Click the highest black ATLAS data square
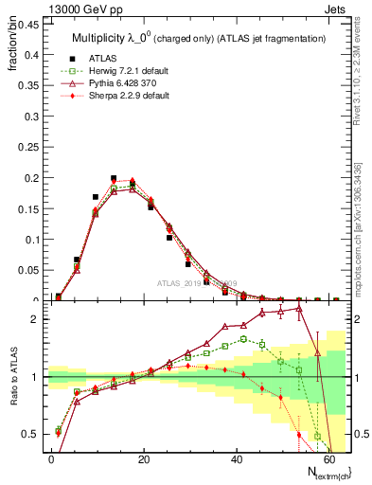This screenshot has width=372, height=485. click(114, 178)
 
